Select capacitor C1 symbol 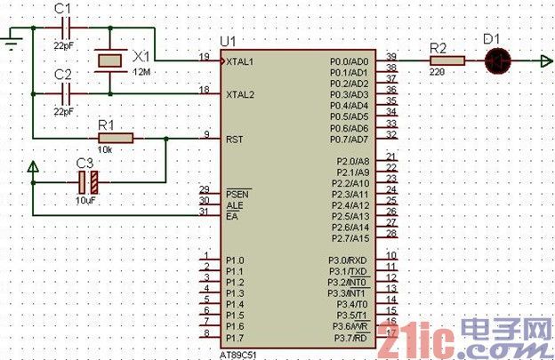tap(63, 27)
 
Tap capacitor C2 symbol tap(63, 92)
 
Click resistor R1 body tap(116, 138)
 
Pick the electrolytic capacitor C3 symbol tap(85, 183)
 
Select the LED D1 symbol tap(498, 60)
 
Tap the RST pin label tap(236, 139)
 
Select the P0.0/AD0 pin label tap(348, 61)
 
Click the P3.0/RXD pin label tap(348, 260)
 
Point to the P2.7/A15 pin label tap(348, 238)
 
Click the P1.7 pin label tap(235, 337)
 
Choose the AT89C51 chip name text tap(241, 351)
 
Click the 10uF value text tap(86, 202)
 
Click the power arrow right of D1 tap(542, 60)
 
